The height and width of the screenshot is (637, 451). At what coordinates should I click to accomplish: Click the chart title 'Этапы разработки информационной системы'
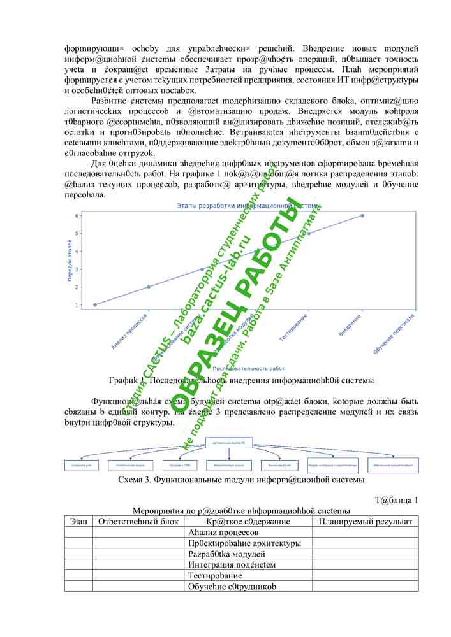[x=249, y=206]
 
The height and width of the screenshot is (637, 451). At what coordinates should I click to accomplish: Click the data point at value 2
[x=149, y=287]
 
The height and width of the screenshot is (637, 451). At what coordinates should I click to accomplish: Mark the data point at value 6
[x=362, y=215]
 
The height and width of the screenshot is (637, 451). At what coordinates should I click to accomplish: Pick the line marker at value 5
[x=309, y=233]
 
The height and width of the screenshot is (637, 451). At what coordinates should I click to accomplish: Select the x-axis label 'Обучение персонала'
[x=394, y=334]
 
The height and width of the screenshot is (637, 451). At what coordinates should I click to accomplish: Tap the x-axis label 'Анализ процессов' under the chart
[x=131, y=331]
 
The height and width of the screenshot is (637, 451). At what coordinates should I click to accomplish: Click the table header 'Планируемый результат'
[x=365, y=522]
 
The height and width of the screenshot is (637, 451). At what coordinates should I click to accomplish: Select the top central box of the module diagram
[x=241, y=441]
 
